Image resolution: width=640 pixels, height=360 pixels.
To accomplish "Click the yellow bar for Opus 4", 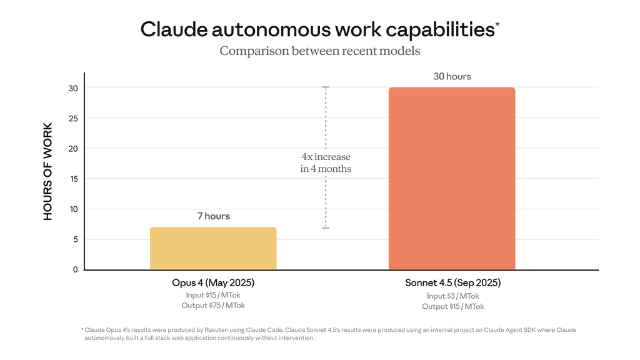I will [213, 248].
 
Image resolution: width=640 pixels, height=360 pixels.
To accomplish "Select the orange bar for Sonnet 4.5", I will [452, 178].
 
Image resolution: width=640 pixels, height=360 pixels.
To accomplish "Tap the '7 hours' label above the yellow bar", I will [213, 216].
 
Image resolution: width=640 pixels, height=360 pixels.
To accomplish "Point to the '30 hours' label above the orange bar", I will [452, 76].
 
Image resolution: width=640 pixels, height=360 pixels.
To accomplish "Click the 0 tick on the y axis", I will [75, 269].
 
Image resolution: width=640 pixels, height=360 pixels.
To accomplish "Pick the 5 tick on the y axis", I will [75, 239].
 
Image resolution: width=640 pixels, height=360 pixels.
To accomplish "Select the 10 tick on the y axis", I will [74, 209].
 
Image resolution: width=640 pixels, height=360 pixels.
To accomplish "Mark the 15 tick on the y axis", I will [74, 179].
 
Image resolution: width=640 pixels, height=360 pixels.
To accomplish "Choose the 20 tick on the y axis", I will [74, 148].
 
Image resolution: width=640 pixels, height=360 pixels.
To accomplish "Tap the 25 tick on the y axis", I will [74, 118].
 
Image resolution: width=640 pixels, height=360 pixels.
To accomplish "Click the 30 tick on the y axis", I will [74, 88].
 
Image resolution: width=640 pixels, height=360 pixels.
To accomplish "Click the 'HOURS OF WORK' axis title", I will [48, 171].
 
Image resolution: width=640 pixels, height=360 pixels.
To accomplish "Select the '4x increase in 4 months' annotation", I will [326, 162].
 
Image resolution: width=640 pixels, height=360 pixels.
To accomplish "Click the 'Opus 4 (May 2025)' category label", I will [213, 283].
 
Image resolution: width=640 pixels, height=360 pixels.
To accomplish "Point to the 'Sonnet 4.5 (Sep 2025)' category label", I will [452, 283].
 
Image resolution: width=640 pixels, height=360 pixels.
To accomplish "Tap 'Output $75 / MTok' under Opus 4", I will [213, 306].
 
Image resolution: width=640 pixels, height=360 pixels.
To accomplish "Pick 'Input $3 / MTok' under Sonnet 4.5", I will [452, 296].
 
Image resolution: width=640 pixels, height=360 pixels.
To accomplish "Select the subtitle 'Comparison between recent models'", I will [319, 51].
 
